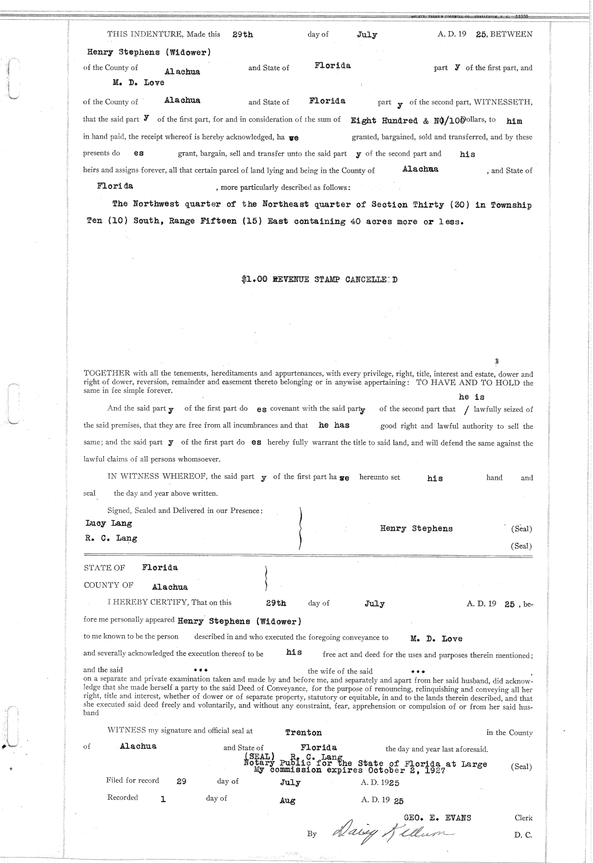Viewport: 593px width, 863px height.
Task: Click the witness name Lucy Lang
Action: tap(109, 523)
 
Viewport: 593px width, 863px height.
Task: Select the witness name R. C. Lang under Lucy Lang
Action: tap(111, 538)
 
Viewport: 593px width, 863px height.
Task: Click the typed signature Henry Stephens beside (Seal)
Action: tap(416, 529)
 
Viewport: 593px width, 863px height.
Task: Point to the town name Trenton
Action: tap(303, 732)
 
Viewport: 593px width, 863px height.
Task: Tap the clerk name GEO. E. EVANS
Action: tap(437, 818)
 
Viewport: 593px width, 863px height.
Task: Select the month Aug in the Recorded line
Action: tap(287, 801)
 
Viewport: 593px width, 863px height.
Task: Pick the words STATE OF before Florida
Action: tap(104, 568)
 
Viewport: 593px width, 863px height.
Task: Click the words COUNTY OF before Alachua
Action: tap(108, 585)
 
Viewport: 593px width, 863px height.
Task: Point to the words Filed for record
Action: tap(132, 780)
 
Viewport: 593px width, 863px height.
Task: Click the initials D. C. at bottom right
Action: tap(523, 835)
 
